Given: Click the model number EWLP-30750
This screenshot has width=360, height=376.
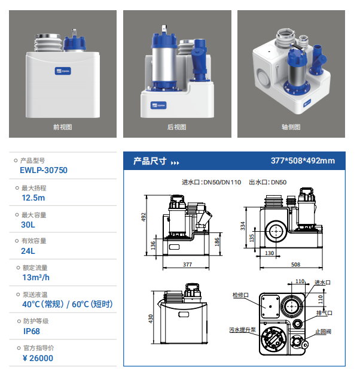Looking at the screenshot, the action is coord(44,170).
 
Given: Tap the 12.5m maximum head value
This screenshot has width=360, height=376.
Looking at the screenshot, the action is coord(33,198).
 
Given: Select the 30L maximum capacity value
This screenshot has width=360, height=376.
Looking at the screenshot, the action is coord(28,225).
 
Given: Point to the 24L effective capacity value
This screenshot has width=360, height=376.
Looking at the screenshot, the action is coord(28,251).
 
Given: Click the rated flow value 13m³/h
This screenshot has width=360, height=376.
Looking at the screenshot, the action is coord(36,277).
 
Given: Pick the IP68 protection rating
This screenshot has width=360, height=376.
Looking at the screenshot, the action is coord(32,332).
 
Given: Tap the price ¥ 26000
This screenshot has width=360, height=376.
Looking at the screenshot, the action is coord(38,358).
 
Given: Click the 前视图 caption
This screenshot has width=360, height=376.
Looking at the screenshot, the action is coord(63,127).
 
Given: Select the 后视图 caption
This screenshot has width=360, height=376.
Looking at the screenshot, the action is coord(177,127).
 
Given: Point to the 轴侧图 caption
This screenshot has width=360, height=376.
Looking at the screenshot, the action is coord(291,127).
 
